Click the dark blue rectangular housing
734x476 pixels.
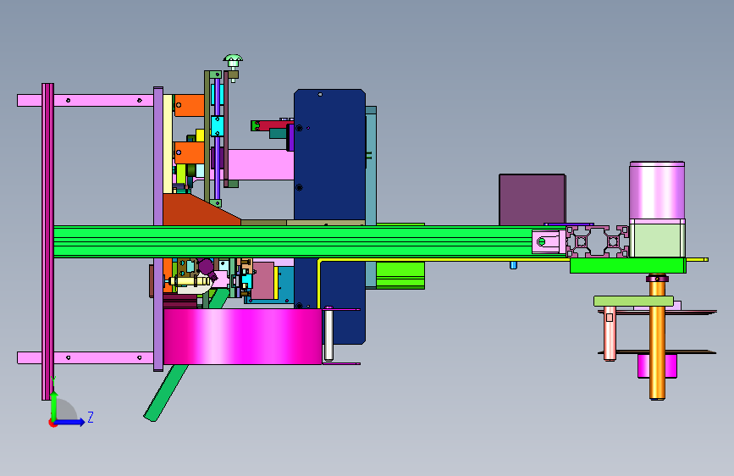329,155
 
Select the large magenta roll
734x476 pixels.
242,336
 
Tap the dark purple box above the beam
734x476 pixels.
532,200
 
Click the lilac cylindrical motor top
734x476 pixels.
657,190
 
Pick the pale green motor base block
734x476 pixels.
657,238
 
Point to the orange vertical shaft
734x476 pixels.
657,338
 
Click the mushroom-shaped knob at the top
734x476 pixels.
233,61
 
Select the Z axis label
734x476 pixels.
91,417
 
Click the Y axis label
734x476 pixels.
53,381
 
